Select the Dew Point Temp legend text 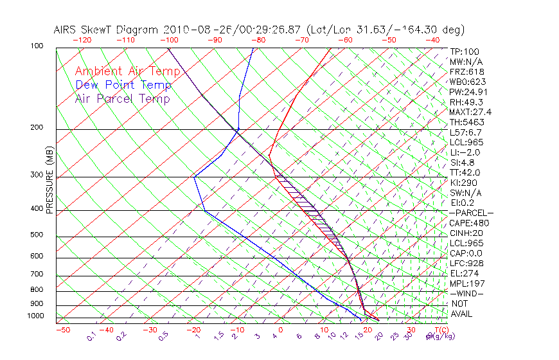(x=123, y=85)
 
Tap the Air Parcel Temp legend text (x=122, y=98)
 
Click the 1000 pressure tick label (x=37, y=316)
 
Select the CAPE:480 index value (x=467, y=223)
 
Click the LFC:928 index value (x=466, y=264)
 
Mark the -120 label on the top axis (x=82, y=40)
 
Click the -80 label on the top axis (x=258, y=40)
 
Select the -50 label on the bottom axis (x=63, y=330)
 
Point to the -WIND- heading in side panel (x=467, y=294)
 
